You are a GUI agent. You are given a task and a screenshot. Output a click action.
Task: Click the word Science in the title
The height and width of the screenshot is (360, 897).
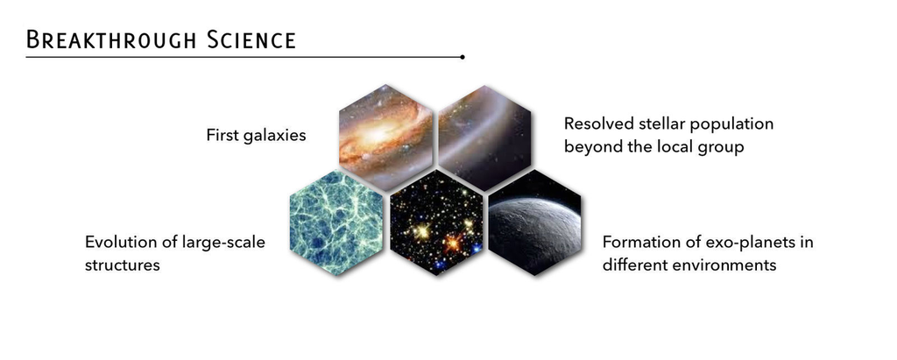point(251,40)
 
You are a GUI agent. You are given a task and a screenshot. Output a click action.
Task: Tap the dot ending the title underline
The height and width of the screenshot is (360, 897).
point(463,57)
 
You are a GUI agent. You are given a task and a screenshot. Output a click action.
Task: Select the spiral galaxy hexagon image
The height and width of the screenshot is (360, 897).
point(385,138)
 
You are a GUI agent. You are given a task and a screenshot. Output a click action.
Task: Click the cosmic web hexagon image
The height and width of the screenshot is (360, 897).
point(336,222)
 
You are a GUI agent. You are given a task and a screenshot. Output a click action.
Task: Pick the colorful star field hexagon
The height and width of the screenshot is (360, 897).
point(436,222)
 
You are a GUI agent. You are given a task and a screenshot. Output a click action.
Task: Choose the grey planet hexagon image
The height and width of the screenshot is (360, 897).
point(535,222)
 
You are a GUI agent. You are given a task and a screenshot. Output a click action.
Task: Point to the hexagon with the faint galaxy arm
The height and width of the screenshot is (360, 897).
point(484,138)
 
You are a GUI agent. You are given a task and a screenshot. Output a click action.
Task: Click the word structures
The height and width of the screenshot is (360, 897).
point(123,265)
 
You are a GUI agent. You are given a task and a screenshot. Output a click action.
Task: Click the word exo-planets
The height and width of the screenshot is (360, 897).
point(743,243)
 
